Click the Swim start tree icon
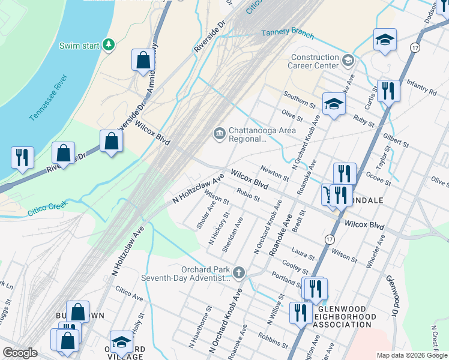[109, 45]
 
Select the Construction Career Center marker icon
[348, 60]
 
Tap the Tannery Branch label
[288, 32]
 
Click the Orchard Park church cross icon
[239, 273]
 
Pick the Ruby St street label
[363, 122]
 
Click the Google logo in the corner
[20, 353]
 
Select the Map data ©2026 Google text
[411, 355]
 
